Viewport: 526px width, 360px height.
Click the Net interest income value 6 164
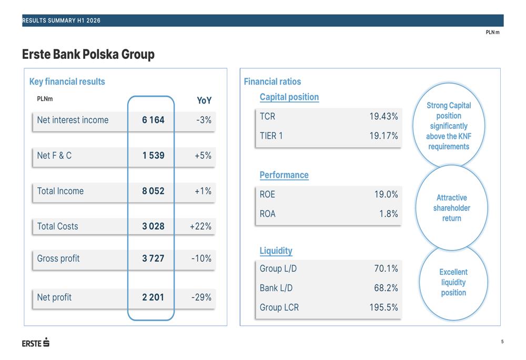tap(153, 120)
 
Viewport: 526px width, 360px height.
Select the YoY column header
tap(204, 100)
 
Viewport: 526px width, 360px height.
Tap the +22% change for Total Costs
tap(200, 227)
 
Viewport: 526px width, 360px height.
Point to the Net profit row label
tap(54, 297)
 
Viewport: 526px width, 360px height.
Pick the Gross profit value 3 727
tap(153, 258)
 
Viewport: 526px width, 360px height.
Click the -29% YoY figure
tap(201, 297)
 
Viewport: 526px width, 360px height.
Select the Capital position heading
tap(289, 97)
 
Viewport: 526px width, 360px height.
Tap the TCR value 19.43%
tap(384, 116)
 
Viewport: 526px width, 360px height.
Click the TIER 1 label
tap(271, 136)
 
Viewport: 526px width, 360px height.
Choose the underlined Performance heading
tap(284, 175)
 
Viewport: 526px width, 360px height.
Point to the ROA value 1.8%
tap(389, 213)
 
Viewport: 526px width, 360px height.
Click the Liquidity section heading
tap(276, 251)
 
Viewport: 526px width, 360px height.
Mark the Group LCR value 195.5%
tap(384, 307)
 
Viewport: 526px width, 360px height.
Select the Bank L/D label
tap(276, 288)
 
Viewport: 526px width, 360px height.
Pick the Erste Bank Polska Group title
tap(88, 54)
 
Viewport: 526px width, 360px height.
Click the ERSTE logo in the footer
tap(36, 343)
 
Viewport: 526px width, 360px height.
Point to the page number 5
tap(502, 342)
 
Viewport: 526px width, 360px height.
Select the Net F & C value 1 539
tap(153, 155)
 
